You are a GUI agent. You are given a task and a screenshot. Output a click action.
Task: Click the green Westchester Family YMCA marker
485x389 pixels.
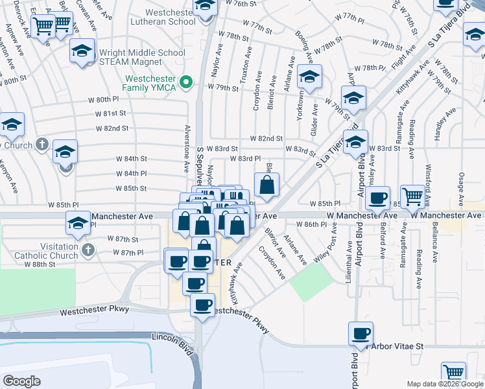coord(186,82)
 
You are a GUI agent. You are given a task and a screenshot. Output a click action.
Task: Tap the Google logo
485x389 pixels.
coord(22,381)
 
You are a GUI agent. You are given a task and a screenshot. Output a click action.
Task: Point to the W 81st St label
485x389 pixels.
coord(110,113)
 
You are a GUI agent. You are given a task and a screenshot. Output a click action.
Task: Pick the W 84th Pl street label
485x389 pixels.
coord(132,173)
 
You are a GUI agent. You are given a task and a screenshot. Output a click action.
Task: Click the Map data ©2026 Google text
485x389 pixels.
coord(445,383)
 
